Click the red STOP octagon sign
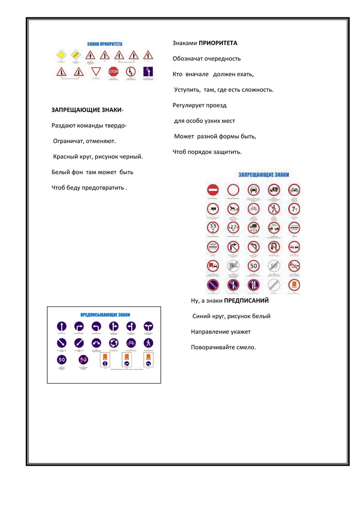pos(113,72)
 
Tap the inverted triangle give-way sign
pos(95,72)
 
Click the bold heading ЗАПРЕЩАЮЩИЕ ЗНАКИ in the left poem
pos(87,110)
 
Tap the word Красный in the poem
pos(65,156)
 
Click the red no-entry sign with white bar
pos(213,189)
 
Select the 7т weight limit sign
pos(294,209)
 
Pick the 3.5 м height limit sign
pos(213,227)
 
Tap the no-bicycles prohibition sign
pos(253,209)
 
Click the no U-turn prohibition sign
pos(274,247)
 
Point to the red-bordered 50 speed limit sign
pos(253,266)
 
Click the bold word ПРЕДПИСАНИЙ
pos(246,300)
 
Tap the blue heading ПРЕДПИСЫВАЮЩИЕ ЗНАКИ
pos(105,314)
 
